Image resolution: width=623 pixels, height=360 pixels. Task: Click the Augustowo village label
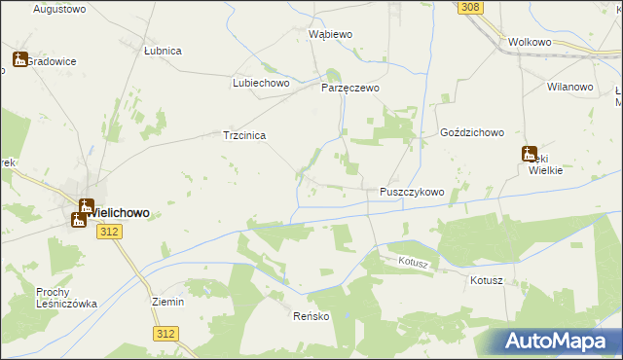[60, 9]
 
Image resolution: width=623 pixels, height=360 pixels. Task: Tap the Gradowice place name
[52, 60]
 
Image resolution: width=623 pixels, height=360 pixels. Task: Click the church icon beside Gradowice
[19, 59]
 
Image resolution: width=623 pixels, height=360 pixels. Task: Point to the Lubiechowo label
[262, 83]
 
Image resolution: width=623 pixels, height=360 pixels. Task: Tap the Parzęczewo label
[350, 88]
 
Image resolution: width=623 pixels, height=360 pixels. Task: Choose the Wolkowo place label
[531, 43]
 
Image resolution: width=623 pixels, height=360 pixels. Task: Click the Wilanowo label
[570, 87]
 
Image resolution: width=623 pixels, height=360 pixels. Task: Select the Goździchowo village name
[471, 131]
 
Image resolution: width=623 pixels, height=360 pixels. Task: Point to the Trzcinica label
[245, 136]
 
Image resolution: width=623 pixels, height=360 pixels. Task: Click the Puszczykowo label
[411, 193]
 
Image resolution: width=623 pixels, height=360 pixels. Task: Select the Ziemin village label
[168, 302]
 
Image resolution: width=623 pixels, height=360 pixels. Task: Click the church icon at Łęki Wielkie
[530, 153]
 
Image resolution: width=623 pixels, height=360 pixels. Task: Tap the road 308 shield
[471, 8]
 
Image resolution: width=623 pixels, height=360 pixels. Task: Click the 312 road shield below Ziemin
[165, 333]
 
